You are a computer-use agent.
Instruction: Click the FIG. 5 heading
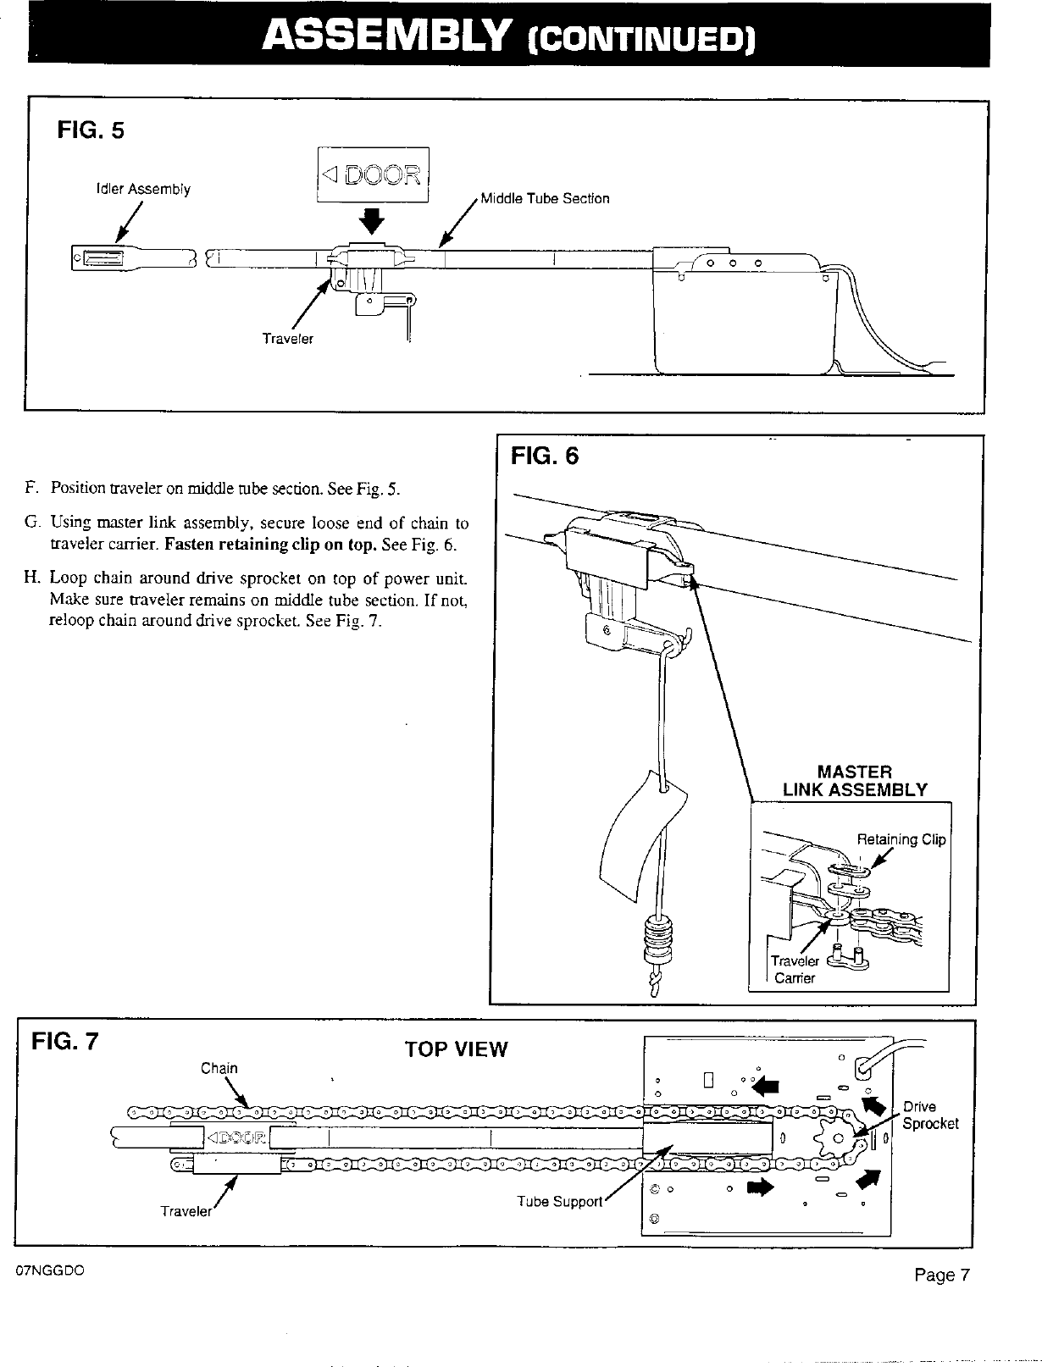pyautogui.click(x=90, y=130)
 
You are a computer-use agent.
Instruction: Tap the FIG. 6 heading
pyautogui.click(x=545, y=457)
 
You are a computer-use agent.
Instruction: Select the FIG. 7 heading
pyautogui.click(x=64, y=1040)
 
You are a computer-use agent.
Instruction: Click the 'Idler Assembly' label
pyautogui.click(x=143, y=190)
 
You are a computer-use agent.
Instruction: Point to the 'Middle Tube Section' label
pyautogui.click(x=545, y=199)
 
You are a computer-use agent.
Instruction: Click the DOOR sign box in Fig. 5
pyautogui.click(x=373, y=175)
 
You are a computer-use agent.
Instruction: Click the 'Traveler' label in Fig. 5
pyautogui.click(x=287, y=339)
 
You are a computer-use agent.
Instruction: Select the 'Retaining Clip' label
pyautogui.click(x=901, y=839)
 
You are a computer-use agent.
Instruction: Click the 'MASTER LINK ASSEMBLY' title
pyautogui.click(x=855, y=781)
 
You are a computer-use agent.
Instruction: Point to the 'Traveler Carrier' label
pyautogui.click(x=795, y=970)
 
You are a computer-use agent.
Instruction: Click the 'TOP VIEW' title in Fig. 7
pyautogui.click(x=456, y=1049)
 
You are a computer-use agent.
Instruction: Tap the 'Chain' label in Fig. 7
pyautogui.click(x=219, y=1068)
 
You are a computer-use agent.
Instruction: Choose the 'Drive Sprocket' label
pyautogui.click(x=929, y=1115)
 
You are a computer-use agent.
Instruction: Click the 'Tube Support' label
pyautogui.click(x=559, y=1202)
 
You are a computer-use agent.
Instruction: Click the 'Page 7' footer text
pyautogui.click(x=941, y=1276)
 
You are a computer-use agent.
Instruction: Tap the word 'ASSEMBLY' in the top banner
pyautogui.click(x=386, y=36)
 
